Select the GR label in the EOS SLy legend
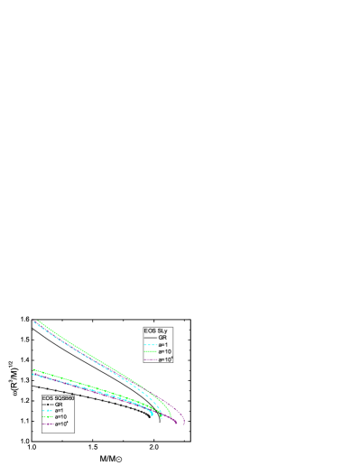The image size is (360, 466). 163,338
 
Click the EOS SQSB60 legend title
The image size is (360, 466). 57,397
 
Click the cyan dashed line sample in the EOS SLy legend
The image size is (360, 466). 150,345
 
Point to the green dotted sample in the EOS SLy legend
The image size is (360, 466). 150,352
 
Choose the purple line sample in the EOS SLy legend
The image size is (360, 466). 150,359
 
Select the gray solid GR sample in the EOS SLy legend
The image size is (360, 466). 150,338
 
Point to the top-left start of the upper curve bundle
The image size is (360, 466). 35,321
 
